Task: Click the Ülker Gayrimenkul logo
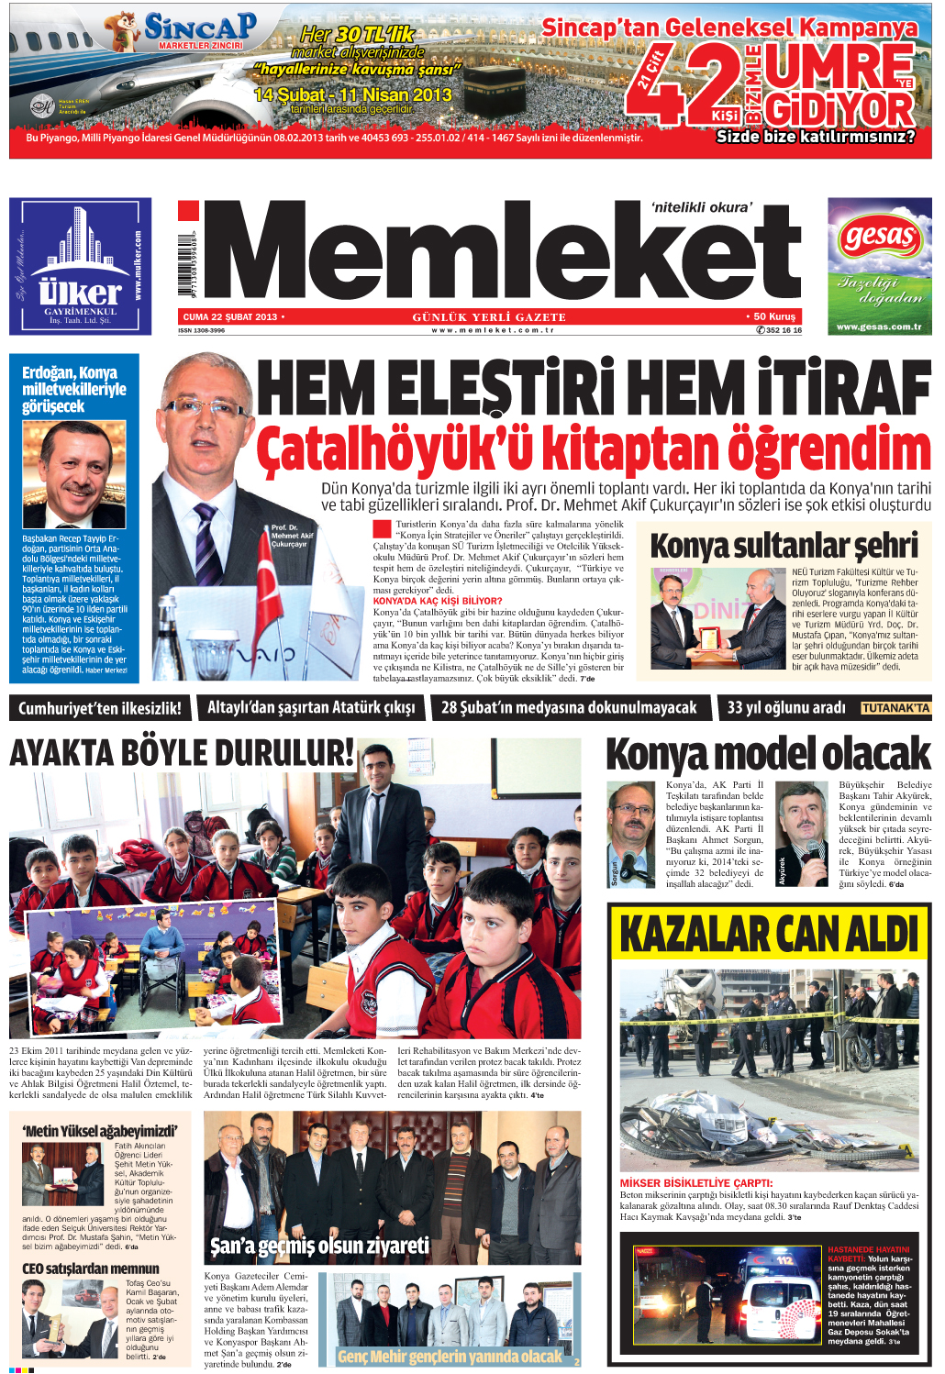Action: point(81,267)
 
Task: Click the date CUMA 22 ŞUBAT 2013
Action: point(229,316)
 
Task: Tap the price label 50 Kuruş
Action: point(773,316)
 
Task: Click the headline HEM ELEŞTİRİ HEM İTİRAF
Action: point(593,389)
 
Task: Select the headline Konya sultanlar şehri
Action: point(784,545)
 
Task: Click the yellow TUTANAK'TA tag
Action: point(895,708)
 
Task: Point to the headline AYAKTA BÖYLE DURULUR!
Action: point(182,754)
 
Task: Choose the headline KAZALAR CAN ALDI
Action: point(769,935)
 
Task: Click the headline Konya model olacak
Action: point(768,755)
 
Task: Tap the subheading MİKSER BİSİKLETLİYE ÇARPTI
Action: point(696,1183)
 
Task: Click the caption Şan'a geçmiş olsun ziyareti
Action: point(319,1246)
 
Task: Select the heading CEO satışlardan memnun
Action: point(91,1269)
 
